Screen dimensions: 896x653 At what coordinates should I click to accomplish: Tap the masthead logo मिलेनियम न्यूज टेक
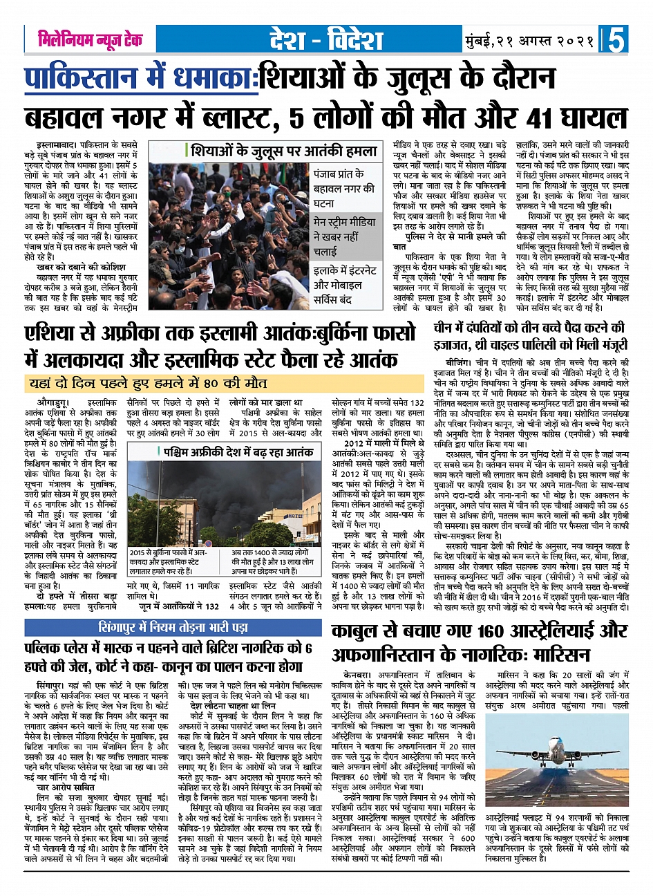click(91, 39)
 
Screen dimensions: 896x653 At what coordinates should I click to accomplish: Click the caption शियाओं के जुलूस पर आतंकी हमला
click(284, 151)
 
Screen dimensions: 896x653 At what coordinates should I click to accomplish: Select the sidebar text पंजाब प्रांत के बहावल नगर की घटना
click(343, 188)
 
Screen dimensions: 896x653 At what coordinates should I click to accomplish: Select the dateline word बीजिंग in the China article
click(457, 362)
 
